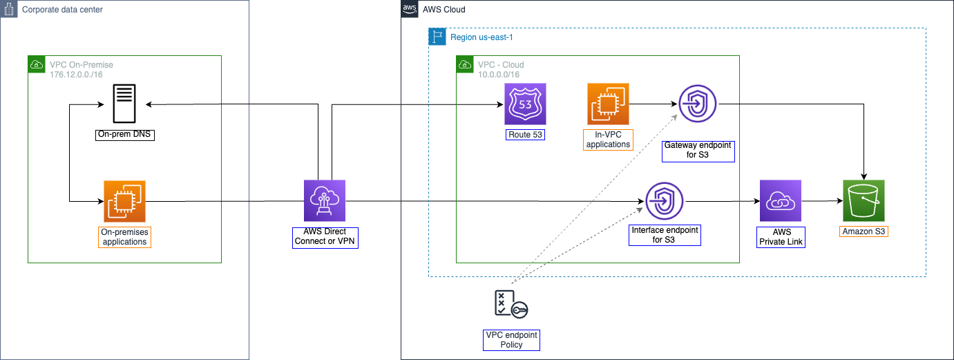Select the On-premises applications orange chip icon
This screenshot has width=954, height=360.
click(124, 201)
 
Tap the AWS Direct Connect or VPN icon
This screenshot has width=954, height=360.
click(325, 201)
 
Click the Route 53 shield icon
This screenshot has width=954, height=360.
click(525, 104)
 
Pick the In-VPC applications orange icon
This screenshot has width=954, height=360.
click(608, 104)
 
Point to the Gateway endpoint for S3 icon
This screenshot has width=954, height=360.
click(698, 104)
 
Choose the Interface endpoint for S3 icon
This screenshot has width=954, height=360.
click(665, 201)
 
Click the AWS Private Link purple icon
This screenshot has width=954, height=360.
click(780, 201)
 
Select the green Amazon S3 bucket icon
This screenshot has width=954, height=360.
click(864, 201)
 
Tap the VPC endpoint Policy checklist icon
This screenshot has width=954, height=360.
click(511, 305)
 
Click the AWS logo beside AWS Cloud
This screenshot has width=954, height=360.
click(410, 9)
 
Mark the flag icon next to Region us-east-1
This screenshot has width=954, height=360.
click(437, 37)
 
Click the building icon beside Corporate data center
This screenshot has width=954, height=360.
click(9, 9)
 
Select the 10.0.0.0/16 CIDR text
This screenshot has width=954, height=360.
click(499, 74)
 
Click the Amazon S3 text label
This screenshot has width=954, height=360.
click(864, 231)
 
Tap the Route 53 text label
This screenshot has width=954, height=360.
click(525, 134)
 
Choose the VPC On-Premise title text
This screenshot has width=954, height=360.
click(82, 65)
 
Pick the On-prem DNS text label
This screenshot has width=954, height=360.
click(124, 134)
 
